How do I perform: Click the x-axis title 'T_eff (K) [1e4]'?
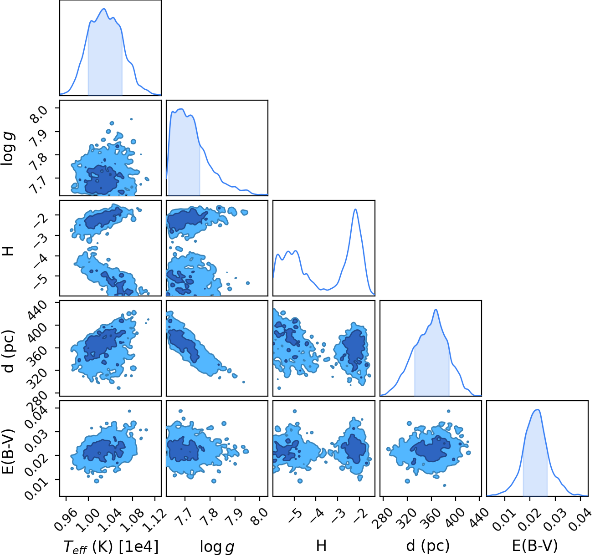coord(111,546)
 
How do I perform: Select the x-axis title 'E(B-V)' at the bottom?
coord(535,546)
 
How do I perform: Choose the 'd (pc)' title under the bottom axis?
coord(428,546)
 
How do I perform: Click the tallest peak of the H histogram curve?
coord(355,209)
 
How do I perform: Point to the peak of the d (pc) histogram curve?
coord(436,310)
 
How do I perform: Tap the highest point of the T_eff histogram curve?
coord(104,9)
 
